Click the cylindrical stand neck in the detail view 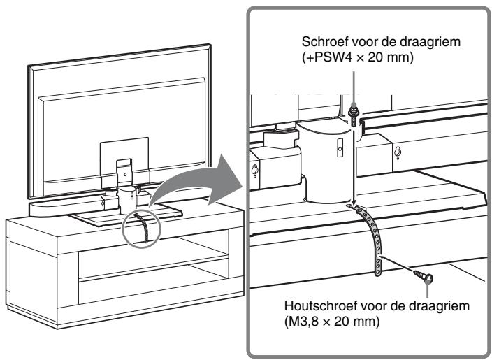coord(323,164)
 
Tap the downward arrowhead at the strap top coord(354,206)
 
